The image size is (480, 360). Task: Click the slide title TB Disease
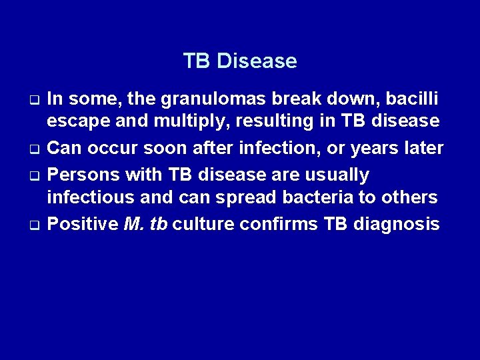(x=240, y=61)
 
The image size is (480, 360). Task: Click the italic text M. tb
(x=145, y=223)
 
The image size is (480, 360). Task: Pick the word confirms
(x=279, y=223)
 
